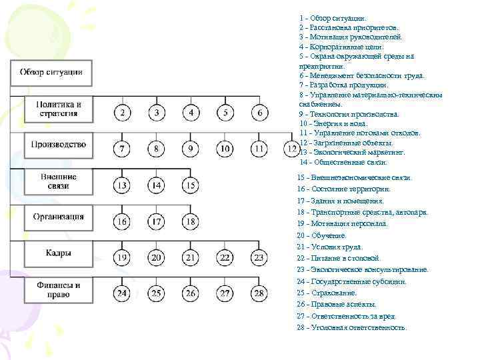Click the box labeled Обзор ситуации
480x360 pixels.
[51, 73]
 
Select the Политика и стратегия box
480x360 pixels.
[59, 109]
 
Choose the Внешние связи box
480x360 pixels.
[59, 181]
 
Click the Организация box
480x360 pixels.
[59, 217]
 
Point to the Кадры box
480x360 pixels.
[59, 254]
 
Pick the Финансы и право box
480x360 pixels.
[59, 290]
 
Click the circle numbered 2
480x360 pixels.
[122, 113]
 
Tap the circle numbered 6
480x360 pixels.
[260, 113]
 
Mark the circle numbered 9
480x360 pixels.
[191, 148]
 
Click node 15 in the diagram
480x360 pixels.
[191, 185]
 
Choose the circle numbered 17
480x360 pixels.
[157, 221]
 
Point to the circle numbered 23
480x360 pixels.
[260, 257]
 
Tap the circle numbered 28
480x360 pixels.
[260, 293]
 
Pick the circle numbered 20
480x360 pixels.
[157, 257]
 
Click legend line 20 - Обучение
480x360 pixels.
[323, 235]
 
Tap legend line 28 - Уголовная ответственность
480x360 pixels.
[351, 327]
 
